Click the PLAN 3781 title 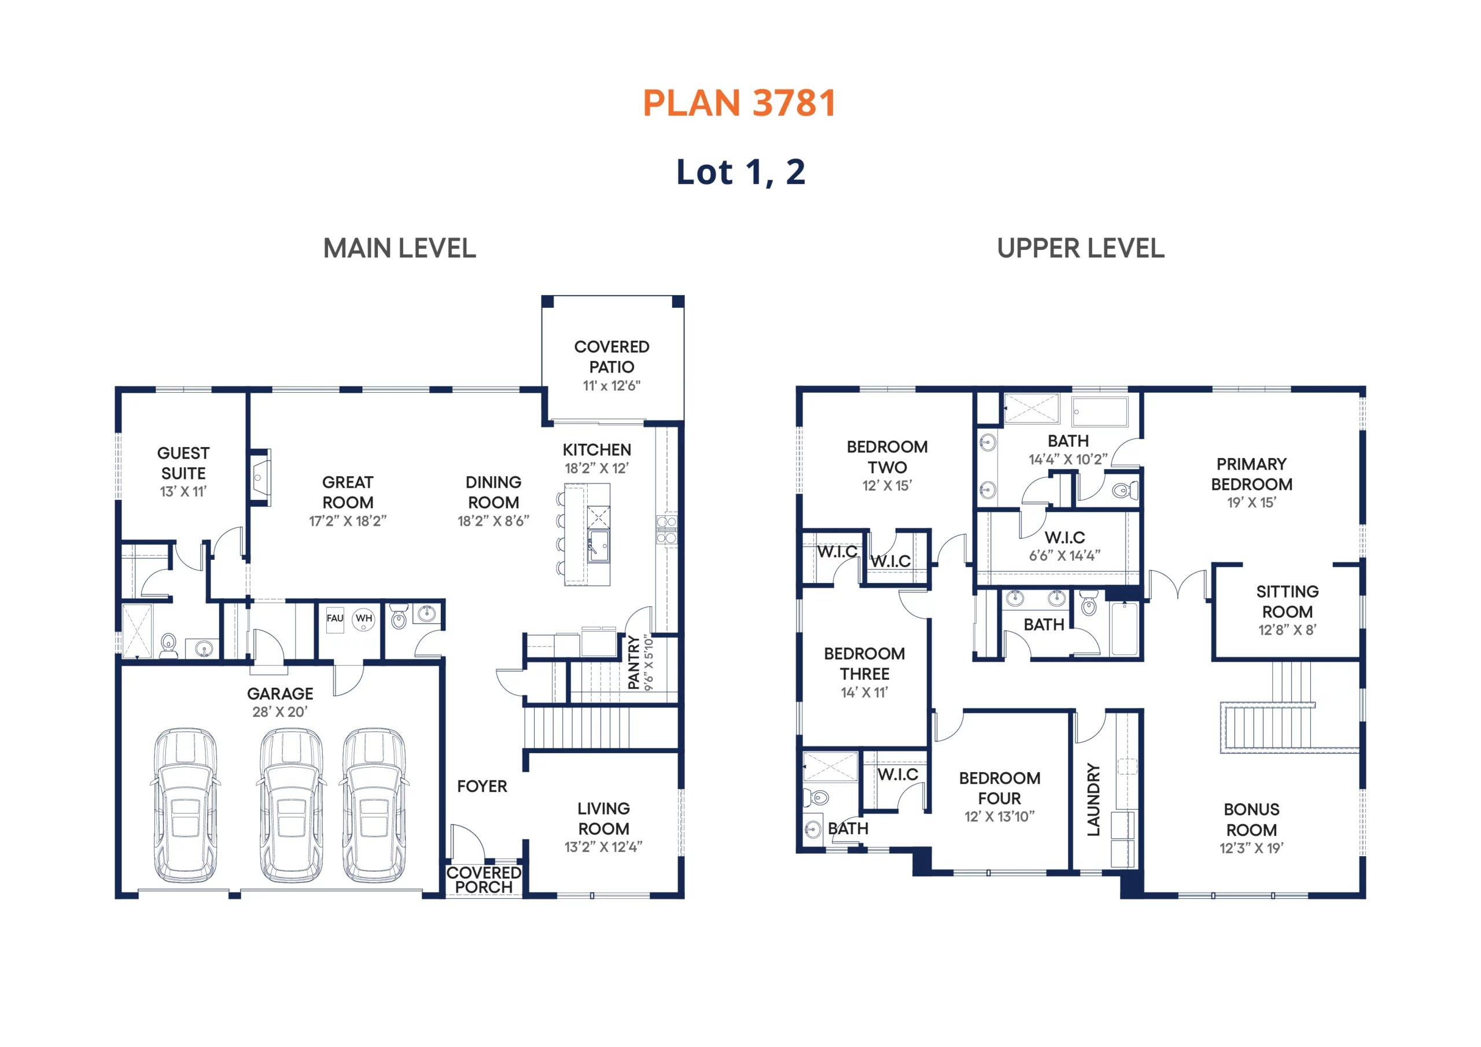740,103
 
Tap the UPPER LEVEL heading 1081,248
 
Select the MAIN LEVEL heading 400,248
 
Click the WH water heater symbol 364,620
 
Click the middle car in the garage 291,806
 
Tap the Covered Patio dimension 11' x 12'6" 611,386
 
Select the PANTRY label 633,662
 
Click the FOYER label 482,786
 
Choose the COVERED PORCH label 484,880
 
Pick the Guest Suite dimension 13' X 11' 183,492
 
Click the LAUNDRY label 1093,800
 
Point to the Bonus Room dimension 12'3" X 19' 1251,849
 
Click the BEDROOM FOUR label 1000,788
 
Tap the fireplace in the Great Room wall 260,477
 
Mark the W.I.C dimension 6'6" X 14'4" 1064,555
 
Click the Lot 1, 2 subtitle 740,172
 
